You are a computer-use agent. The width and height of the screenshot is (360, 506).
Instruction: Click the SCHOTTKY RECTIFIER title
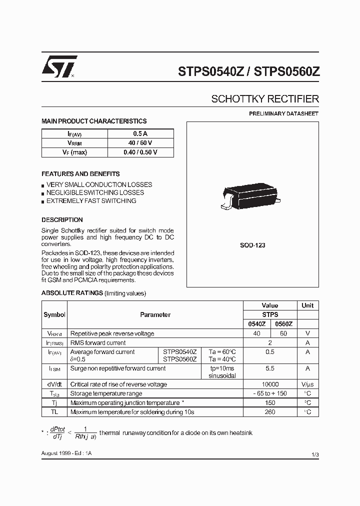(264, 99)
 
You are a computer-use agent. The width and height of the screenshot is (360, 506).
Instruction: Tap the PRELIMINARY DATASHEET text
(283, 114)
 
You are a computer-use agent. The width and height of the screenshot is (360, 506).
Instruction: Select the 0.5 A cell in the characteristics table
(140, 134)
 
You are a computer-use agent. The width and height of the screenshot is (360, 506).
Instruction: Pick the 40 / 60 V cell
(140, 143)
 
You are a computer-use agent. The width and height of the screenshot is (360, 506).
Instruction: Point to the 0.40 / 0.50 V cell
(140, 152)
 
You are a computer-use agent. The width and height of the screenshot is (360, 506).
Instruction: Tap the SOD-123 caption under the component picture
(252, 245)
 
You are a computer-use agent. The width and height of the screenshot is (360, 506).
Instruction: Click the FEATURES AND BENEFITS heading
(80, 174)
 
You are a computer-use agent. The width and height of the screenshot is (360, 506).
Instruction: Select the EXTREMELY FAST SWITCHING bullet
(91, 201)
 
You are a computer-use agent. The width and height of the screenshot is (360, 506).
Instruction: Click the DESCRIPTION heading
(62, 220)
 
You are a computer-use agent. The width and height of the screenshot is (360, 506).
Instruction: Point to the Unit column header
(307, 305)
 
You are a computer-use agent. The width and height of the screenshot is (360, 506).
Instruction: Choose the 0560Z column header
(283, 324)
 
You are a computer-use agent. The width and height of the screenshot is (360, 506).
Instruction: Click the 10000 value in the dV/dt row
(270, 384)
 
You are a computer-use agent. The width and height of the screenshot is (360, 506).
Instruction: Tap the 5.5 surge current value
(270, 368)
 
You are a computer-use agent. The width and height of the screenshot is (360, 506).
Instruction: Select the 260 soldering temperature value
(270, 412)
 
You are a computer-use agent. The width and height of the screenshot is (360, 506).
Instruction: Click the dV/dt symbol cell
(54, 384)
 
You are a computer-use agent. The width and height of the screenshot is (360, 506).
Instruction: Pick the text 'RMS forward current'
(98, 343)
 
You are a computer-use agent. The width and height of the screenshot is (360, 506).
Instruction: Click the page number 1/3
(314, 454)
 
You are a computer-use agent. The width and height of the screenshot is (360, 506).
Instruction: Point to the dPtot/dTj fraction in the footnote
(57, 432)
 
